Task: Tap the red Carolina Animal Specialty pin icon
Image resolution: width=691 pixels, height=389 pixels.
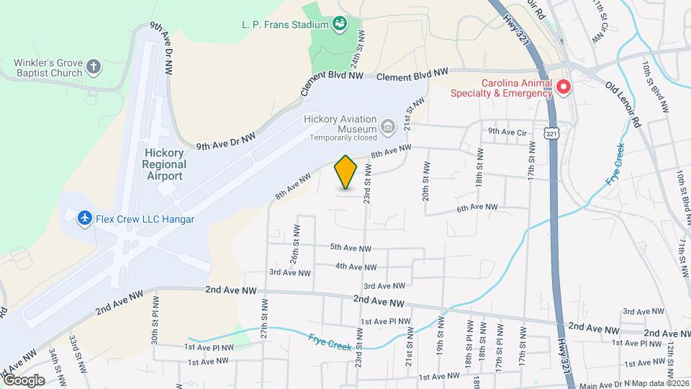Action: [564, 87]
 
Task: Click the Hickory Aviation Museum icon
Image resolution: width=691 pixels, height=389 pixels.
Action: [388, 128]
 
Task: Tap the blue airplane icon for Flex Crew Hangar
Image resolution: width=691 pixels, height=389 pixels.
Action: [84, 217]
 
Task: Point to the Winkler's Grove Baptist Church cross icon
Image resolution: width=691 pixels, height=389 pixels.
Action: [93, 68]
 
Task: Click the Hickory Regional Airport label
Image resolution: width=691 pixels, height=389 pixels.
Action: [165, 158]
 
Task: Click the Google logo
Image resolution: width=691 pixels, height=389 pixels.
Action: [23, 380]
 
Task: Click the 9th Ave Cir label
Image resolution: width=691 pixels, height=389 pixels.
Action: [508, 131]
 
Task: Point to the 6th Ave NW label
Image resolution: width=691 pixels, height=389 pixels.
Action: [477, 207]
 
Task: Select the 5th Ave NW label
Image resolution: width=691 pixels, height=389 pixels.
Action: [351, 247]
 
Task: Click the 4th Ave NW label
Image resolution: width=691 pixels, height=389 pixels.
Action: [356, 267]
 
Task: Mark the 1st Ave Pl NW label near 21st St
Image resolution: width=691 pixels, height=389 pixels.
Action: [385, 321]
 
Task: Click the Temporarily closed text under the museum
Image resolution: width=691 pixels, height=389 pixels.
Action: [343, 138]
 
